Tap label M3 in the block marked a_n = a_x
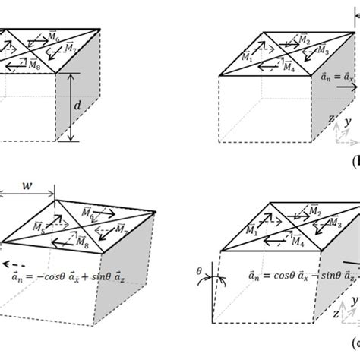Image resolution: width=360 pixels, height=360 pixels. pos(321,52)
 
